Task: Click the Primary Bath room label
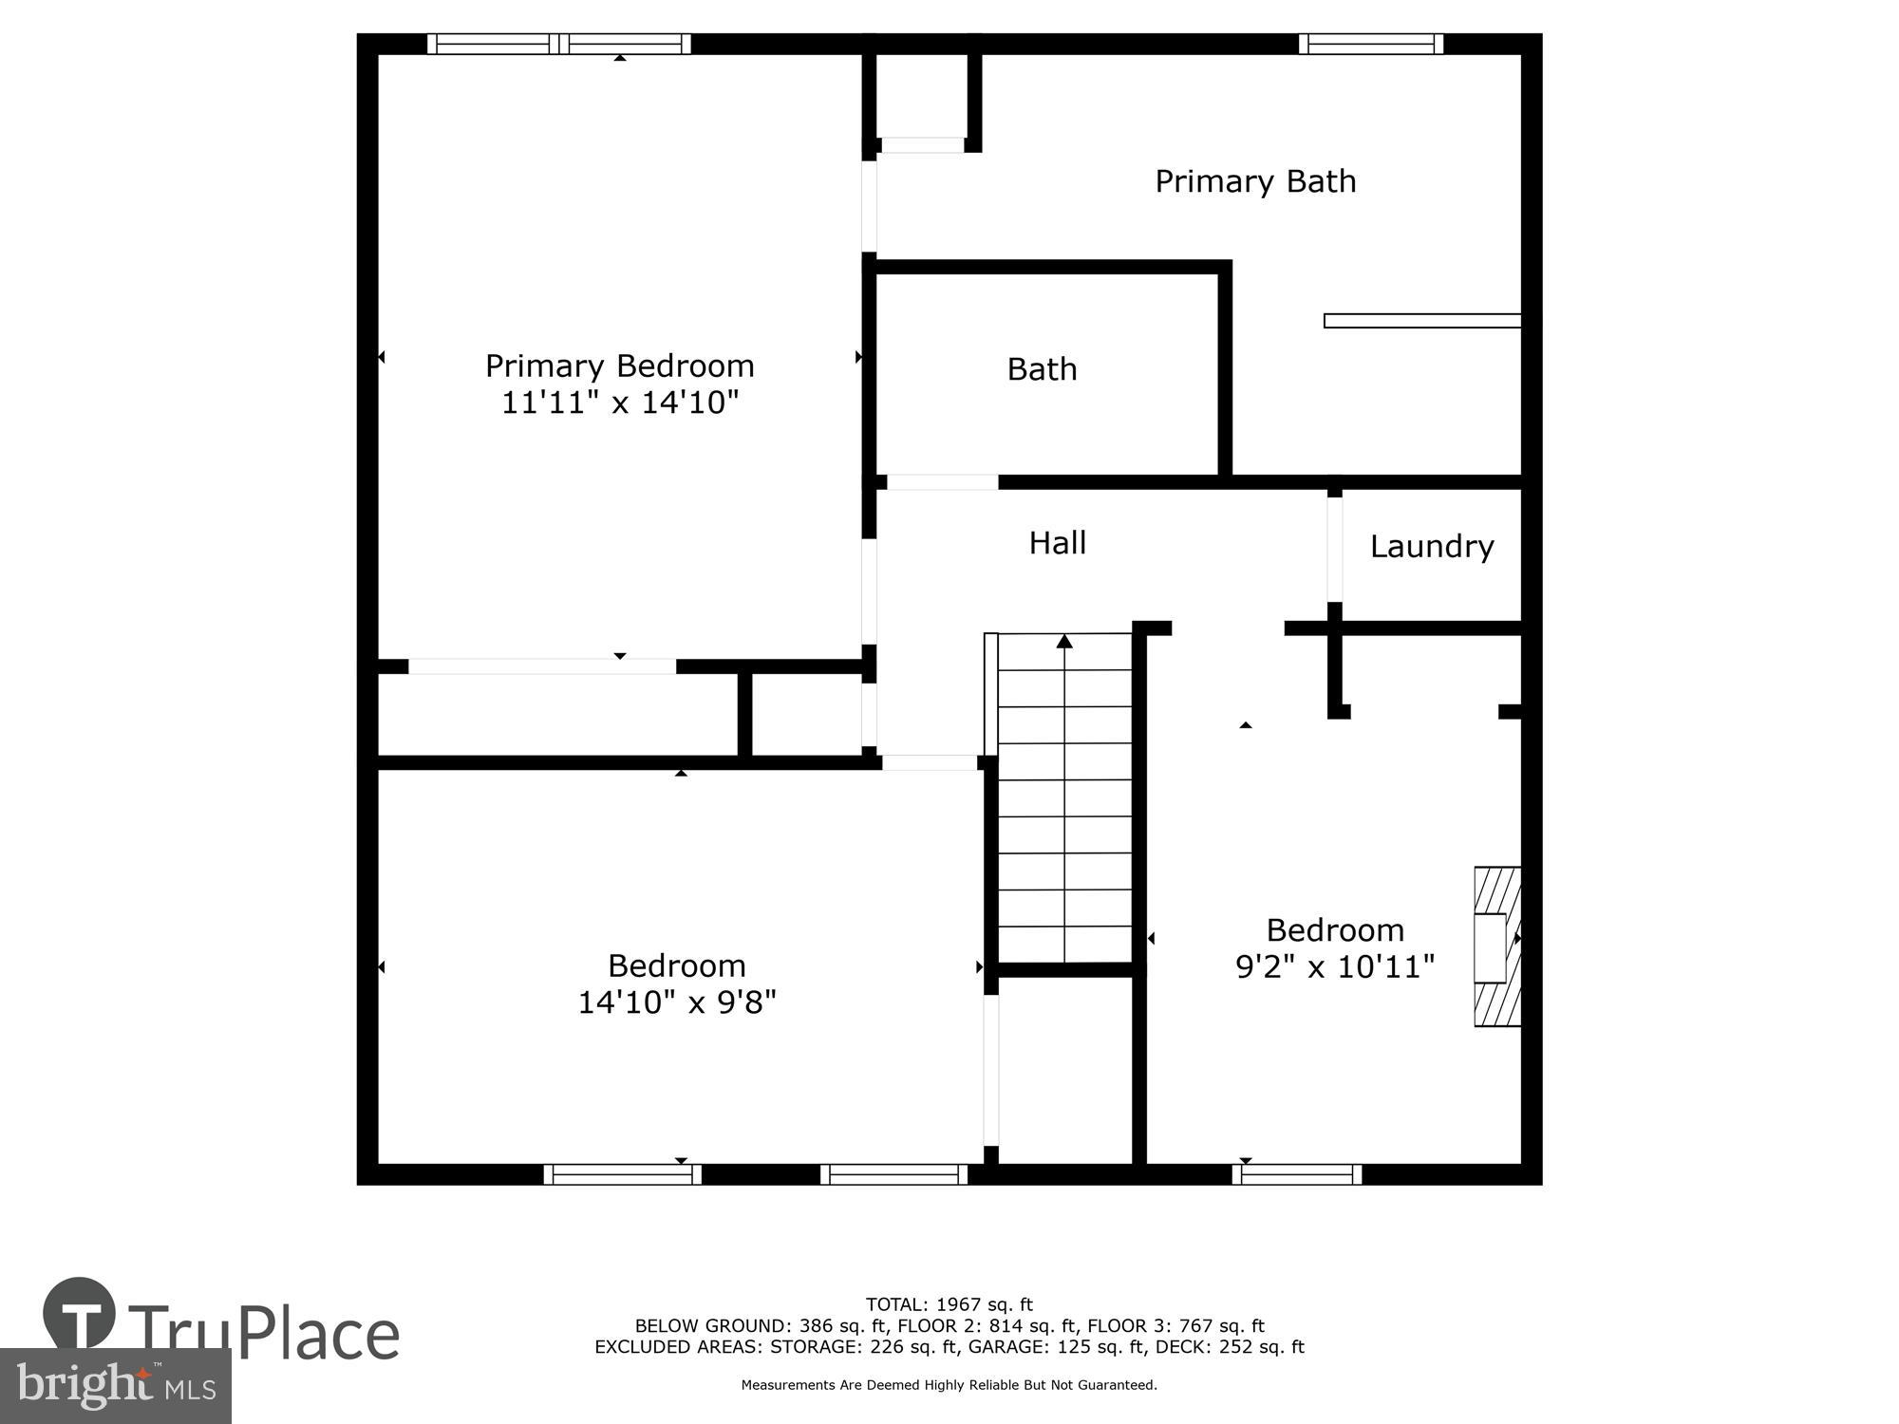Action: [x=1254, y=181]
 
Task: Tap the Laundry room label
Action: [x=1431, y=547]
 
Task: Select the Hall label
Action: [x=1057, y=543]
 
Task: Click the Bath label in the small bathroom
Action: [x=1042, y=369]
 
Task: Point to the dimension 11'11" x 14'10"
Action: [x=619, y=403]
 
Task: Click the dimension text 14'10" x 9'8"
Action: [x=676, y=1002]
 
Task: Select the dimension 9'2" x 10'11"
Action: [x=1334, y=967]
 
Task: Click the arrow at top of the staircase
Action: [x=1064, y=642]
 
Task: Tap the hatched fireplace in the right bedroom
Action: [x=1496, y=946]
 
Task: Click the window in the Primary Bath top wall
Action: [x=1370, y=44]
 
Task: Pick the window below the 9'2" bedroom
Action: [x=1296, y=1174]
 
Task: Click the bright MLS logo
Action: [x=115, y=1386]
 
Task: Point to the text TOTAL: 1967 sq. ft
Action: [x=949, y=1304]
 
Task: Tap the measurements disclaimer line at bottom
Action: [x=949, y=1385]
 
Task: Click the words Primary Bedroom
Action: [x=619, y=365]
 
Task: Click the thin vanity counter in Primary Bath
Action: [x=1421, y=321]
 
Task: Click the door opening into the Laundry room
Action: [x=1335, y=550]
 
